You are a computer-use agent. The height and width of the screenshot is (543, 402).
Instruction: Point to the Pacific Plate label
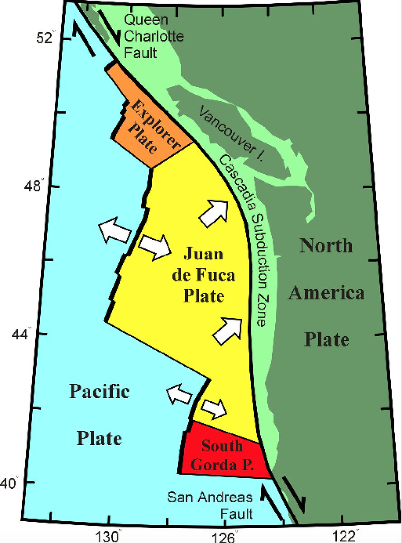point(99,414)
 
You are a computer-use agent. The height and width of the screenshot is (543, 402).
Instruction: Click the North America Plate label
point(326,292)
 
